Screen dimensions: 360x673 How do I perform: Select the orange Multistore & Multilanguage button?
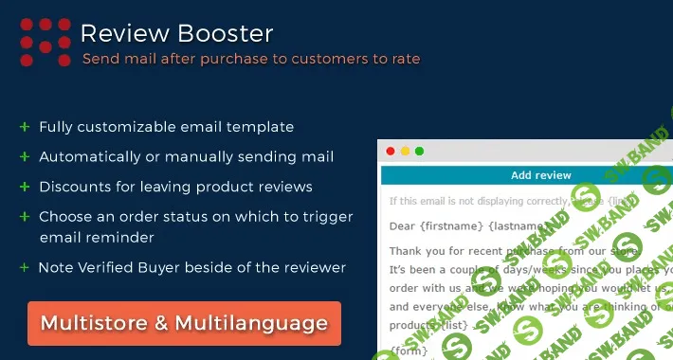(184, 323)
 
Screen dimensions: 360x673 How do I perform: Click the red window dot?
(389, 151)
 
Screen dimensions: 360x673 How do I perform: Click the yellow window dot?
(404, 151)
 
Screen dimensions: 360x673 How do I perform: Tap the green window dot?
(419, 151)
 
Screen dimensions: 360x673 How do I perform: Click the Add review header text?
(540, 175)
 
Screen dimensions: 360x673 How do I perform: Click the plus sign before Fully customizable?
(24, 127)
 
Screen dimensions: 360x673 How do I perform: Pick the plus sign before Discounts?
(24, 187)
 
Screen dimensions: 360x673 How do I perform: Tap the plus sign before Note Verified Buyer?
(24, 268)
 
